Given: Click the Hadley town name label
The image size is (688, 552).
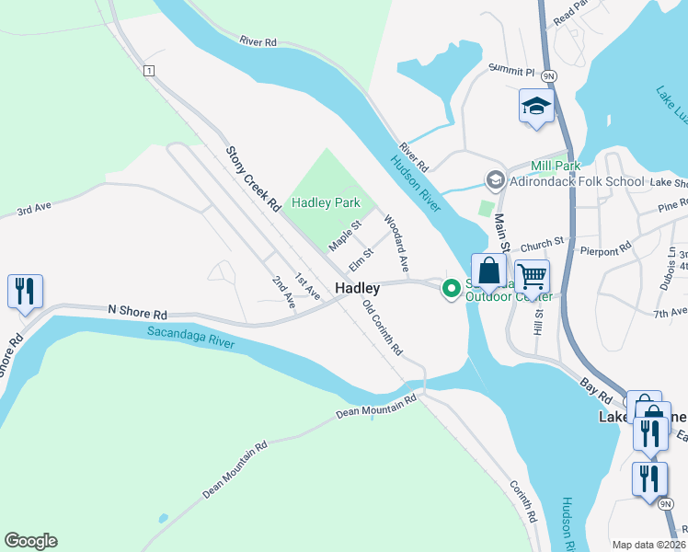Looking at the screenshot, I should coord(357,288).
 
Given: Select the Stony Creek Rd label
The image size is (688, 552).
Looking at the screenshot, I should coord(253,179).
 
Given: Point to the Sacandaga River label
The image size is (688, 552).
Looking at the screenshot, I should coord(191,337).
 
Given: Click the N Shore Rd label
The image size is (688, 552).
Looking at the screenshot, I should coord(137,312).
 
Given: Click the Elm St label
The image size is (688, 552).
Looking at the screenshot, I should coord(361,259).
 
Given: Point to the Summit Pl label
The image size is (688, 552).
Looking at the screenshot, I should coord(510,70).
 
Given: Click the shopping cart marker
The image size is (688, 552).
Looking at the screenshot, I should coord(532,275).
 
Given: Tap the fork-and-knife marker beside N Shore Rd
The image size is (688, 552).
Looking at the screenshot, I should coord(24,292).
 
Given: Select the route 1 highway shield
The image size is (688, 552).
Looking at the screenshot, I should coord(147,70).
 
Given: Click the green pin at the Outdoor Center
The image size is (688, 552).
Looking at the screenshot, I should coord(452,289).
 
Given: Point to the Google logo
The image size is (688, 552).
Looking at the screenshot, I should coord(30,541).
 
